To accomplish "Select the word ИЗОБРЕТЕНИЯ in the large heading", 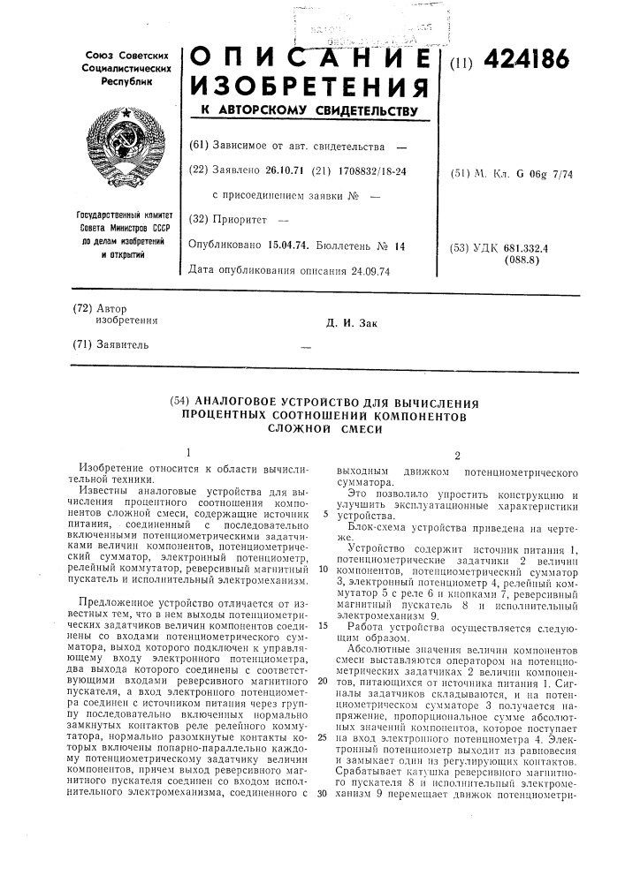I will (309, 88).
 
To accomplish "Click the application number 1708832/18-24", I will (370, 170).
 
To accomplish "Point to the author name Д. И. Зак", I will (352, 322).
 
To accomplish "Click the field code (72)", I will (80, 309).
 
